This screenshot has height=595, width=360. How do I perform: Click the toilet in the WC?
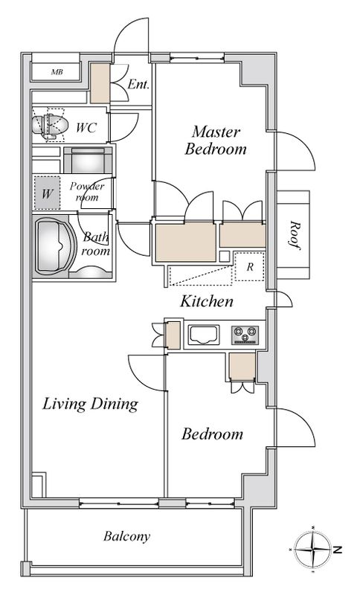pos(49,125)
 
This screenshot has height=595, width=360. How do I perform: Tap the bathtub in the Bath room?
pos(55,245)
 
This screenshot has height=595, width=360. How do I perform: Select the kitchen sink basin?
pos(204,335)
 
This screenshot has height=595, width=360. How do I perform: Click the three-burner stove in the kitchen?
pos(245,335)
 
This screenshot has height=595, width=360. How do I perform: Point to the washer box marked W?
pos(47,193)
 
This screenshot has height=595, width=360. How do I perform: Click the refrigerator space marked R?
pos(249,266)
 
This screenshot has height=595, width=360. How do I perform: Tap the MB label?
pos(57,71)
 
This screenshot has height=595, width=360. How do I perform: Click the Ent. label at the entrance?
pos(138,84)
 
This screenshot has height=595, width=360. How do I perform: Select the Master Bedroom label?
pos(216,140)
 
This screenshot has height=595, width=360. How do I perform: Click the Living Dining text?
pos(90,404)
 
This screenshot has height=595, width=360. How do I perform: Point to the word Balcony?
pos(126,536)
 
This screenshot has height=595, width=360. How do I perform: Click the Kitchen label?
pos(207,301)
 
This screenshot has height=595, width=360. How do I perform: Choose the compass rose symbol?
pos(312,549)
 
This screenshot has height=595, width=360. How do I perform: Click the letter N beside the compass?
pos(337,549)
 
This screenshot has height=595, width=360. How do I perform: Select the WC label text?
pos(86,127)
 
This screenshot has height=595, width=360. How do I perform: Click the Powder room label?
pos(87,192)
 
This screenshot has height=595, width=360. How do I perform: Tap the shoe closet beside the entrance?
pos(100,83)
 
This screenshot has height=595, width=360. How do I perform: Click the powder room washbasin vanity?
pos(88,160)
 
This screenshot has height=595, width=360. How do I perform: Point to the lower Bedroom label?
pos(212,434)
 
